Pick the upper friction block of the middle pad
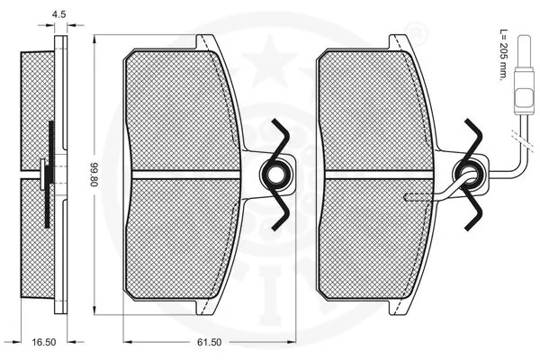pyautogui.click(x=184, y=108)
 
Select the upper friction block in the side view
pyautogui.click(x=38, y=108)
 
